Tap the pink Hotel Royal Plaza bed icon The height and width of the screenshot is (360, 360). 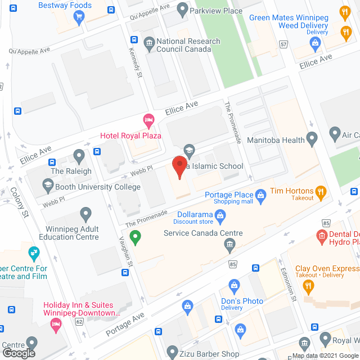[x=148, y=119]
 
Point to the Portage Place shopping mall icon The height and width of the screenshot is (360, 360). [x=260, y=195]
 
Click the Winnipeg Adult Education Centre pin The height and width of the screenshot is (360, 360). [x=85, y=214]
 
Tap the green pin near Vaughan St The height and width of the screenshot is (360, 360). [x=135, y=238]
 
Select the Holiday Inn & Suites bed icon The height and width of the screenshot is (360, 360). [x=56, y=323]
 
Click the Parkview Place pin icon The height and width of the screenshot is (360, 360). [x=182, y=9]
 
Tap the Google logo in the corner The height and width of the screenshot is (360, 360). [x=18, y=353]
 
